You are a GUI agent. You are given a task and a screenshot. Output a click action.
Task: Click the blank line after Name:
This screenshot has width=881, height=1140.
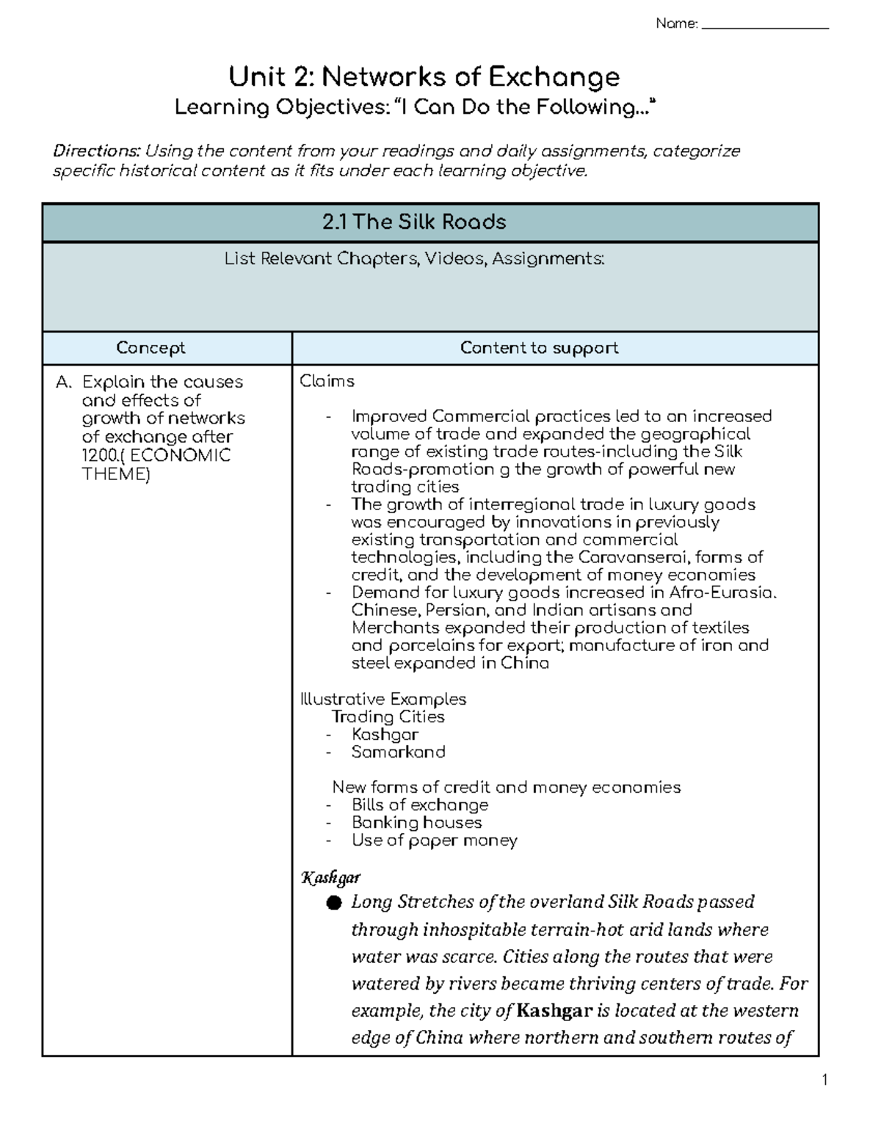pyautogui.click(x=765, y=26)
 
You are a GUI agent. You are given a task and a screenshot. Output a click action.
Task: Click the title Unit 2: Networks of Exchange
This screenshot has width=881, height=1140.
pyautogui.click(x=424, y=76)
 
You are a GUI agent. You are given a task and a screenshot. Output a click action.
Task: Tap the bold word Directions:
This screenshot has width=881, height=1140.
pyautogui.click(x=95, y=151)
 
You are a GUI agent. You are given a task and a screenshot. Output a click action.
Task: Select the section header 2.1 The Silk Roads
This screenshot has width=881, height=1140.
pyautogui.click(x=414, y=222)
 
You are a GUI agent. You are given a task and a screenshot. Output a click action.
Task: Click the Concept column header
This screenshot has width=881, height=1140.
pyautogui.click(x=151, y=348)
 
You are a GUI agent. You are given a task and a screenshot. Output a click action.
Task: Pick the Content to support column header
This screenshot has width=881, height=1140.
pyautogui.click(x=539, y=348)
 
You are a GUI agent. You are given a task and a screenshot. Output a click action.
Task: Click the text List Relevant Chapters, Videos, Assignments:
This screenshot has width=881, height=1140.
pyautogui.click(x=414, y=259)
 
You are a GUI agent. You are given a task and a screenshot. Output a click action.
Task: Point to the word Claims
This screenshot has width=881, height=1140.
pyautogui.click(x=327, y=381)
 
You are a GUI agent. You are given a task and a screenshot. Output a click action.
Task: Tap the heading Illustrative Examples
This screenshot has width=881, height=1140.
pyautogui.click(x=383, y=699)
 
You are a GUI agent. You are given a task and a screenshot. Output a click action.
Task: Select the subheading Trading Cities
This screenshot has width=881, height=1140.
pyautogui.click(x=388, y=716)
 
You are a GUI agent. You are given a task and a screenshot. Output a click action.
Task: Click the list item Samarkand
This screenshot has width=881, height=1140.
pyautogui.click(x=398, y=752)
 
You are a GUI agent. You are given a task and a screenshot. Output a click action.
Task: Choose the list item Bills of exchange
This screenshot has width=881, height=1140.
pyautogui.click(x=419, y=805)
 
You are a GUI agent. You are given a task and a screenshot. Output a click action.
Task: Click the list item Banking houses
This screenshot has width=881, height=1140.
pyautogui.click(x=416, y=822)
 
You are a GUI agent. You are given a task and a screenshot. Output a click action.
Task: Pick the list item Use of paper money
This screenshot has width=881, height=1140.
pyautogui.click(x=434, y=840)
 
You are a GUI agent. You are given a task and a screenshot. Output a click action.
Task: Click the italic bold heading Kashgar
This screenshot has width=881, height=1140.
pyautogui.click(x=330, y=877)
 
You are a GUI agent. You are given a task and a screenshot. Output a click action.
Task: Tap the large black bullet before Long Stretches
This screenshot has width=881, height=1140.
pyautogui.click(x=335, y=903)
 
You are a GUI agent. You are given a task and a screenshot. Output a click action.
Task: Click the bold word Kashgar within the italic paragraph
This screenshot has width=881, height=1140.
pyautogui.click(x=554, y=1011)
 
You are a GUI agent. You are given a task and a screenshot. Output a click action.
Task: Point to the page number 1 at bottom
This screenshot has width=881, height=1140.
pyautogui.click(x=824, y=1079)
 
